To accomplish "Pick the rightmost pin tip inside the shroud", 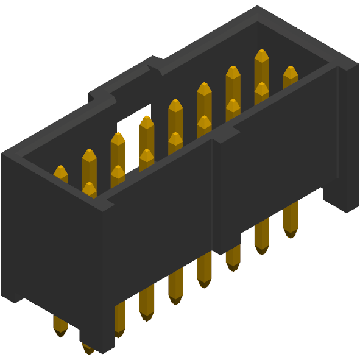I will pyautogui.click(x=291, y=74).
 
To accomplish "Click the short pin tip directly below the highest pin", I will pyautogui.click(x=261, y=90).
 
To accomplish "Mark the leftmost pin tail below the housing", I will pyautogui.click(x=60, y=326).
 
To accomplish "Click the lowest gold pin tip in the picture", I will pyautogui.click(x=88, y=348).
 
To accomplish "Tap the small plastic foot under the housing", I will pyautogui.click(x=97, y=341).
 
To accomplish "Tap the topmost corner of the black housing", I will pyautogui.click(x=259, y=7).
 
